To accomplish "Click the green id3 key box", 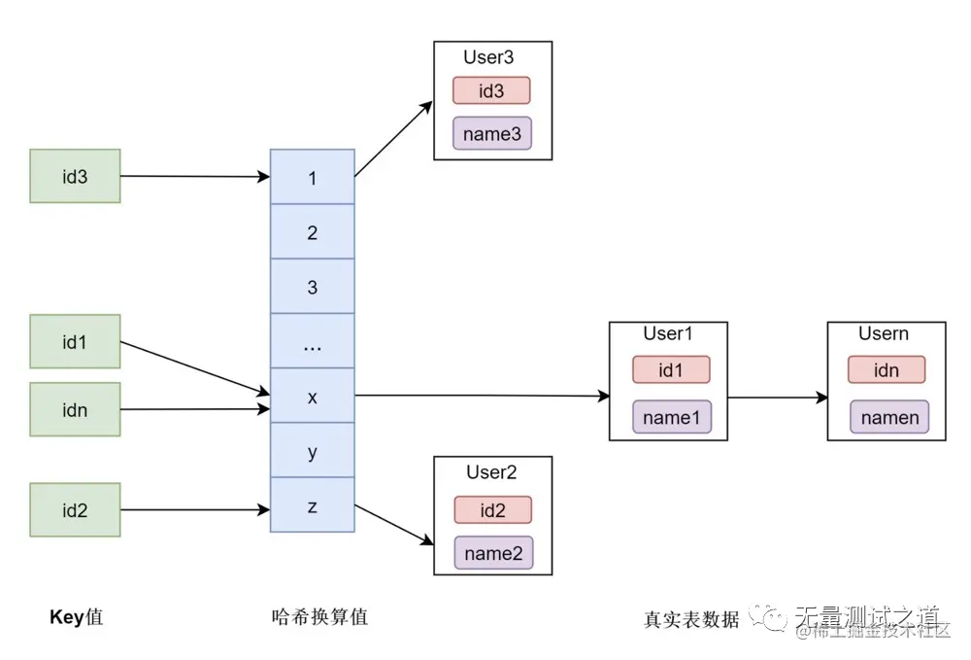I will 75,176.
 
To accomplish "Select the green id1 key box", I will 75,341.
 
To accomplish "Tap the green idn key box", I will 75,409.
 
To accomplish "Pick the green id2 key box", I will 75,509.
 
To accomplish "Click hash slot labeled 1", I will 312,177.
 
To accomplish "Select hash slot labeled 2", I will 312,231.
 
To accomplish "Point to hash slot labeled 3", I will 312,287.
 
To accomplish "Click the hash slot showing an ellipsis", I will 312,341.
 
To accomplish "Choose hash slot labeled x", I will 312,396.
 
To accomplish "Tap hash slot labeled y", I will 312,451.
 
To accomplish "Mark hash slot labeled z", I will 312,505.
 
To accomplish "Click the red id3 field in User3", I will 491,90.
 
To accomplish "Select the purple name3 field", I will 491,134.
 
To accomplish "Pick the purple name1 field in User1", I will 671,417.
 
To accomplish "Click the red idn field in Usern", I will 886,369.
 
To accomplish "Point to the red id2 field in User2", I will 492,510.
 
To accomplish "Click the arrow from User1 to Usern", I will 777,397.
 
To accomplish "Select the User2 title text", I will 491,472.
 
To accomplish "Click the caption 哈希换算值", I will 319,616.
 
